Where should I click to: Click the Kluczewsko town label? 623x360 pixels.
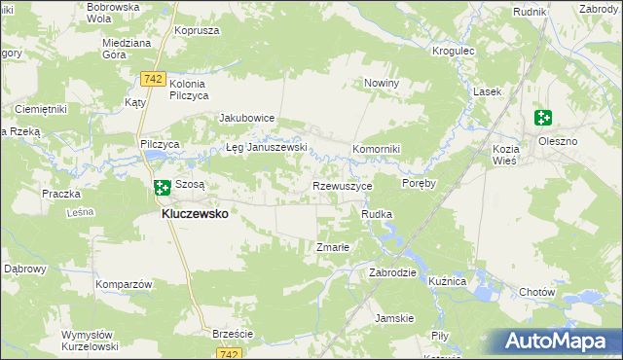tap(195, 214)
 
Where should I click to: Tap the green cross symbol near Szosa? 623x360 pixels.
tap(163, 185)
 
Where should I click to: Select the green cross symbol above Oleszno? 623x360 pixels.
tap(543, 119)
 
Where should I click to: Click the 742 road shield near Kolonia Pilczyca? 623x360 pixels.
tap(151, 77)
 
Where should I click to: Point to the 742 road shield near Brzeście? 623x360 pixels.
tap(229, 354)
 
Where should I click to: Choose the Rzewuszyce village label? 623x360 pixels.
tap(342, 185)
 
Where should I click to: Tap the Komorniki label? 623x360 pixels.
tap(377, 148)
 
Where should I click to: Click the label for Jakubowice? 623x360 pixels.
tap(247, 118)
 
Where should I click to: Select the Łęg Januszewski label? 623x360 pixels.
tap(267, 148)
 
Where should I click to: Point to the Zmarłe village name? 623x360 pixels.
tap(333, 247)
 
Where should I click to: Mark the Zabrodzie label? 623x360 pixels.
tap(392, 273)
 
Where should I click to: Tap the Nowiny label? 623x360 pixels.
tap(382, 84)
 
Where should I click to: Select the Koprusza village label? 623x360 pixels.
tap(193, 30)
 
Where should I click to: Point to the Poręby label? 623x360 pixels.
tap(418, 183)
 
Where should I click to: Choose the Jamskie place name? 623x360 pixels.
tap(395, 318)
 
